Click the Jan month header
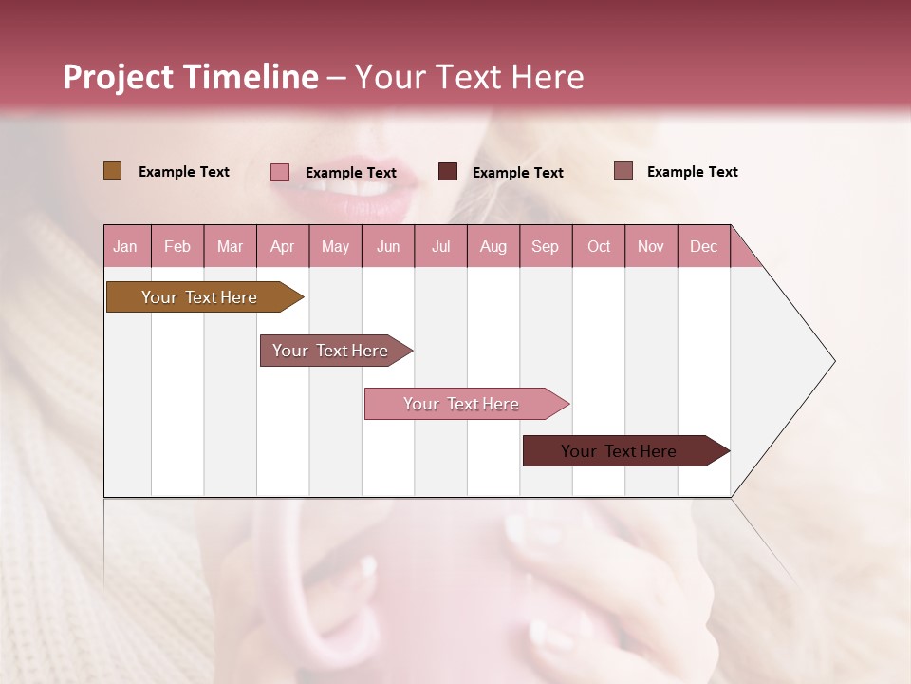click(x=125, y=247)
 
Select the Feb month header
click(x=177, y=247)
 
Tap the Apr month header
click(x=283, y=247)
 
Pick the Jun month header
click(x=388, y=247)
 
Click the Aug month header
click(x=493, y=247)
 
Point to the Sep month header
click(x=546, y=247)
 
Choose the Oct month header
click(x=599, y=247)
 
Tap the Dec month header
click(x=704, y=247)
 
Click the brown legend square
click(x=112, y=171)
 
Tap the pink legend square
click(x=280, y=172)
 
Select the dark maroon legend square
click(x=448, y=172)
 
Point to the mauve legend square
click(x=623, y=171)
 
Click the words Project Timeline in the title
click(x=190, y=77)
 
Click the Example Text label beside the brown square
click(x=184, y=172)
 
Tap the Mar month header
click(x=231, y=247)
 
